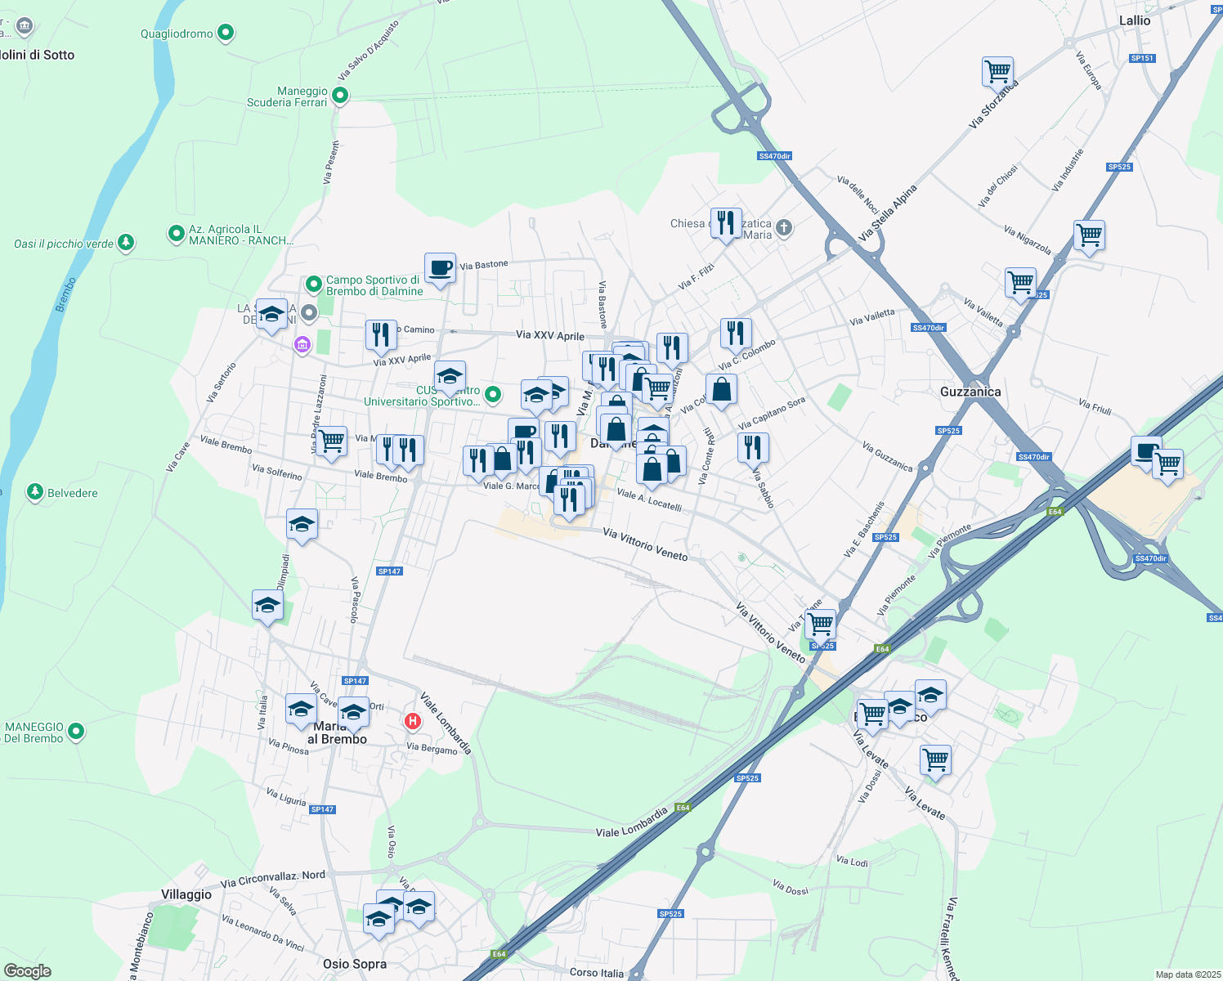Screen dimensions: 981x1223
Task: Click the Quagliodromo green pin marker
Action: coord(226,34)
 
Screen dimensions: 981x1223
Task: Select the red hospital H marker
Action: coord(413,721)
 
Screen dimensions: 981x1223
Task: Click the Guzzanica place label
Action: coord(970,392)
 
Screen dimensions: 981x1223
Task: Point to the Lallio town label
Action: coord(1134,20)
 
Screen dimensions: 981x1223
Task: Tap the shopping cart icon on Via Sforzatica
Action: coord(997,71)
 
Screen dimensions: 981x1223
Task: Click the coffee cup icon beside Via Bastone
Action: coord(440,267)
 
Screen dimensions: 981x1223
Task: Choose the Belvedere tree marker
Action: coord(34,492)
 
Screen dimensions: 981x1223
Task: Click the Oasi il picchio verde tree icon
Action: coord(125,242)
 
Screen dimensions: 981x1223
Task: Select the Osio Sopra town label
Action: coord(355,964)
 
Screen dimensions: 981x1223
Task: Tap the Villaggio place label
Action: coord(186,894)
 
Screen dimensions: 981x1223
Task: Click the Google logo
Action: coord(27,971)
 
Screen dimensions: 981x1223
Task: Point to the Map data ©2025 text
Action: coord(1186,974)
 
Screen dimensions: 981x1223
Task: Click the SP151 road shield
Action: coord(1142,58)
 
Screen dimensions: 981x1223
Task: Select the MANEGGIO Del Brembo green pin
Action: coord(76,731)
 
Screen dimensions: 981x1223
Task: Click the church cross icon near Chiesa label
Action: coord(783,227)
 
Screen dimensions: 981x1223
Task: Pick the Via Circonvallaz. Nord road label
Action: coord(273,879)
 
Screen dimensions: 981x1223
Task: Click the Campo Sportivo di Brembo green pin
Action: coord(313,284)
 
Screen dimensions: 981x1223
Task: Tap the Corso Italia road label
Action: coord(597,973)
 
